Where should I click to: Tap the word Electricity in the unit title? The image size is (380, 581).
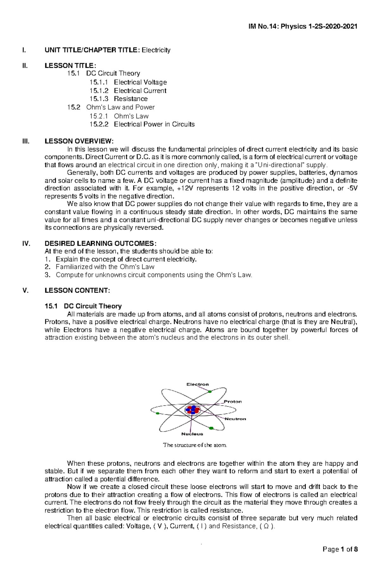156,50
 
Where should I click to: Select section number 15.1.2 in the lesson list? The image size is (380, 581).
99,91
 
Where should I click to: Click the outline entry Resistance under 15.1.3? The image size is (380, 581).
130,99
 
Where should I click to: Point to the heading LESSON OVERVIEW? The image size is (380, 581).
79,141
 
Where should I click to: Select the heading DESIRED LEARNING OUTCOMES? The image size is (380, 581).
100,243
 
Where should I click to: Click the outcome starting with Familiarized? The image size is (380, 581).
105,267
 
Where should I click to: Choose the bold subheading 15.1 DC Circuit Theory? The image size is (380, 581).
83,306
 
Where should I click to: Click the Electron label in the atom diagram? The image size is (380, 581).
198,384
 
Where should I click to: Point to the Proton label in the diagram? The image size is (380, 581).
233,401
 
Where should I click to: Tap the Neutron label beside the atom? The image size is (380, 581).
235,419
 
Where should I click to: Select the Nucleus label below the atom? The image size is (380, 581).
192,434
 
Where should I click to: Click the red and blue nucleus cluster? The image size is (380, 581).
193,410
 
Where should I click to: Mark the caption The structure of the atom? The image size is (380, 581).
195,445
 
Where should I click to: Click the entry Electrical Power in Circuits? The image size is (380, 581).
154,124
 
